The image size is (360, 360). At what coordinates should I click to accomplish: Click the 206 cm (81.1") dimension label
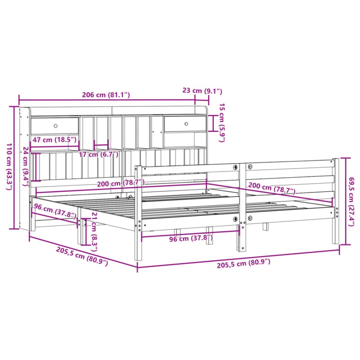coord(106,95)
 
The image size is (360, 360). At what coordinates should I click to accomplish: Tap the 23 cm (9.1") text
coord(202,91)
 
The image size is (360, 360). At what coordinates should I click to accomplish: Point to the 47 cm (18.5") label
coord(55,140)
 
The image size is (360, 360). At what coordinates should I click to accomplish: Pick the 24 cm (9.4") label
coord(25,166)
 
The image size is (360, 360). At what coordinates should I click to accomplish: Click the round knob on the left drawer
coord(56,126)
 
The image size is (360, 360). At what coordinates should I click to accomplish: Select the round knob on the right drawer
coord(187,124)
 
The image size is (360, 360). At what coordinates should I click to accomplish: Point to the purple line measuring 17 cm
coord(101,145)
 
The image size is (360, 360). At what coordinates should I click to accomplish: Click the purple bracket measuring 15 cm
coord(213,123)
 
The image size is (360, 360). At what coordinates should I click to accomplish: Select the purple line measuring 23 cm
coord(202,100)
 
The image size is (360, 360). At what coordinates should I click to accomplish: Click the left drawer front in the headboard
coord(55,126)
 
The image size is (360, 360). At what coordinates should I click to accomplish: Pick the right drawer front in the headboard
coord(184,124)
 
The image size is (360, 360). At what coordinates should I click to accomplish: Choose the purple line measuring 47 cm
coord(55,145)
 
